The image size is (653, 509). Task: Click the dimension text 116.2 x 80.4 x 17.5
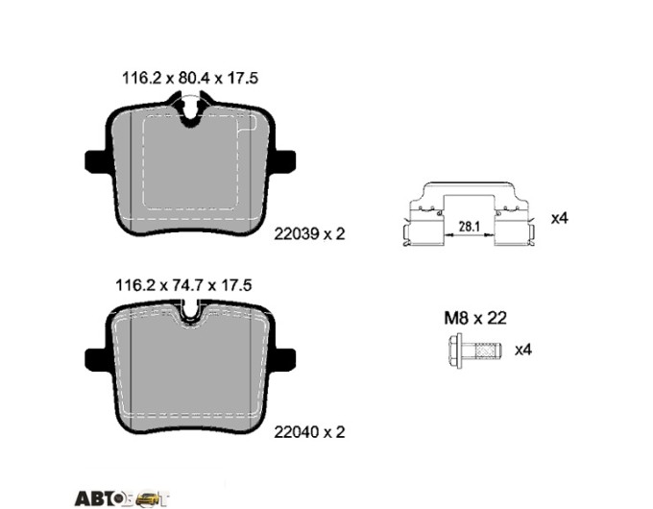tap(190, 78)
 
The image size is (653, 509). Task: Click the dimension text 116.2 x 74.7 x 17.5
tap(183, 285)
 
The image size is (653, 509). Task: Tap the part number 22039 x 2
tap(309, 234)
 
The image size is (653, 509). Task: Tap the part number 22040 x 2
tap(309, 432)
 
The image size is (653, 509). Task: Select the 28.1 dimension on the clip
tap(470, 227)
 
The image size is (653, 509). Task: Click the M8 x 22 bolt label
tap(475, 318)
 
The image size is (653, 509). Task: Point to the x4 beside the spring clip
tap(559, 218)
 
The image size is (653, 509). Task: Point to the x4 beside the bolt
tap(523, 350)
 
